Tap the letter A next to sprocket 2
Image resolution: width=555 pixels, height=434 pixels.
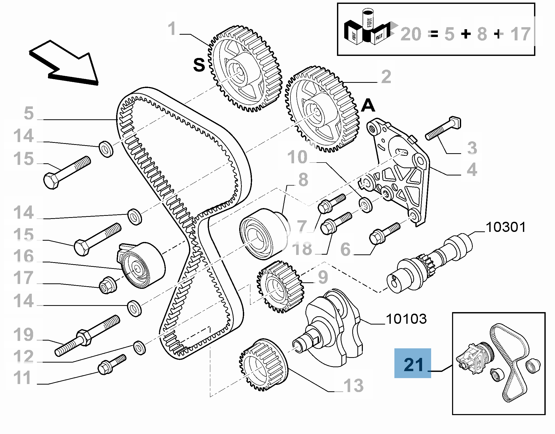click(x=368, y=106)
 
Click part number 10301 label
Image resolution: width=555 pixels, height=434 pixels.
click(x=506, y=227)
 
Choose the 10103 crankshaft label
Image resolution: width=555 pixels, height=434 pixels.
click(x=406, y=319)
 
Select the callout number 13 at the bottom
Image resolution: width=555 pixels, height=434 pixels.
click(x=353, y=386)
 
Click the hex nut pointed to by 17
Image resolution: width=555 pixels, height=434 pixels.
click(x=108, y=285)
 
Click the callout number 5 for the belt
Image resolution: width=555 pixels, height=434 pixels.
click(x=28, y=113)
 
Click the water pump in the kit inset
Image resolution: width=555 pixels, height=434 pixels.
click(x=475, y=358)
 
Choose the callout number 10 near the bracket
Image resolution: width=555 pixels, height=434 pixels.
click(x=297, y=157)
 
